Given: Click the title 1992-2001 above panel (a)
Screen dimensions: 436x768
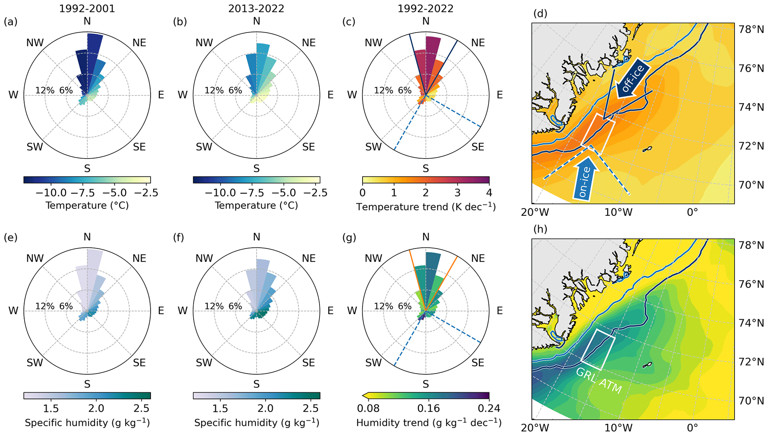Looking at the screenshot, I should coord(87,9).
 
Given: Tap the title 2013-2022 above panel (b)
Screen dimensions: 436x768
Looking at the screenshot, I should coord(256,9).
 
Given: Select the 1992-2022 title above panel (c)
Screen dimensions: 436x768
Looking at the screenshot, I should coord(425,9).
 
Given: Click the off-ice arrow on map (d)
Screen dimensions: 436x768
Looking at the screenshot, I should coord(633,78).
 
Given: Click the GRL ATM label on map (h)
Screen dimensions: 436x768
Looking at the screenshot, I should coord(599,381).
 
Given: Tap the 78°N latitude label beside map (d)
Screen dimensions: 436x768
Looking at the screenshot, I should coord(751,29).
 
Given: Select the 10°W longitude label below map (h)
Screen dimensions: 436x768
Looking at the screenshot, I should coord(618,428).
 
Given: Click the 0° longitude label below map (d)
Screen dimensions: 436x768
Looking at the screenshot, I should coord(692,212).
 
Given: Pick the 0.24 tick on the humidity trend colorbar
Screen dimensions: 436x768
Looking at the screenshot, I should coord(489,409).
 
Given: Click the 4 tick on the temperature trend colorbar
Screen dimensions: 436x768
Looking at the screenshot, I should coord(489,193).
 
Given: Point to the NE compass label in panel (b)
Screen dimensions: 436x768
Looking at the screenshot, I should coord(308,43).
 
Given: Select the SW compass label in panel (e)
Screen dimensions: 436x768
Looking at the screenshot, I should coord(35,362).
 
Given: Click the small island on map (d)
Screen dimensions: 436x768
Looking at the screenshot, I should coord(647,149).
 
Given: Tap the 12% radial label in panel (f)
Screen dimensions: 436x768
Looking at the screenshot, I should coord(214,306).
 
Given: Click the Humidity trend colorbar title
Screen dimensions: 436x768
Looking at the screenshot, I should coord(429,423).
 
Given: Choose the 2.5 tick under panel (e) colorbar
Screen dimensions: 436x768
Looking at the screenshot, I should coord(141,409).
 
